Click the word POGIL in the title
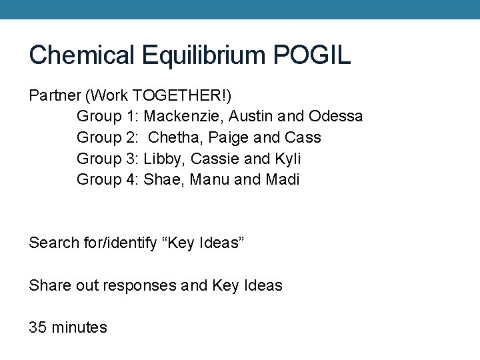pyautogui.click(x=311, y=55)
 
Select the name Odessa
pyautogui.click(x=336, y=116)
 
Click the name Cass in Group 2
pyautogui.click(x=302, y=137)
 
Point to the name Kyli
pyautogui.click(x=287, y=159)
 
